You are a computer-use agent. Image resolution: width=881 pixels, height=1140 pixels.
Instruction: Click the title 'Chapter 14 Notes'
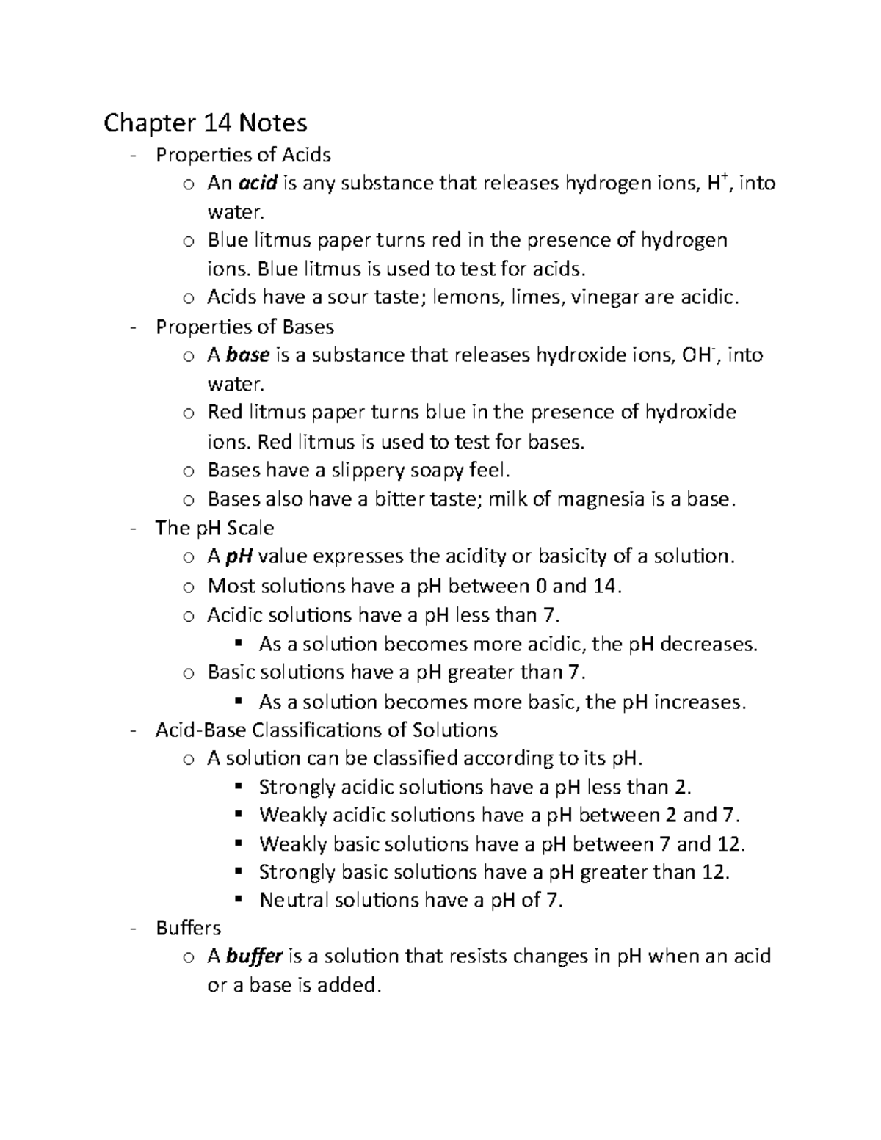[205, 122]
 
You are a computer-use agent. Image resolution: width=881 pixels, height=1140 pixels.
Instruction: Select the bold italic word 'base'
[248, 355]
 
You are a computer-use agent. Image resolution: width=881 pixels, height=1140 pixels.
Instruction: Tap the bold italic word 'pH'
[239, 556]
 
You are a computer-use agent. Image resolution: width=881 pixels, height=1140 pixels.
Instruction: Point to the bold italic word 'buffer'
[255, 956]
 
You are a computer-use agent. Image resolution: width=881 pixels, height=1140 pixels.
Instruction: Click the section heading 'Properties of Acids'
[243, 155]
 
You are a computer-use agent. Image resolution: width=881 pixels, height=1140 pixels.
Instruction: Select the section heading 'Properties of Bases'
[244, 327]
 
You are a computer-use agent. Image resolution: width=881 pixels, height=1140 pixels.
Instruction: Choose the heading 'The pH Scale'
[214, 528]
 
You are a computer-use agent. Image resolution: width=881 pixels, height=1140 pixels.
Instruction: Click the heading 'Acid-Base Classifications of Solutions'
[326, 730]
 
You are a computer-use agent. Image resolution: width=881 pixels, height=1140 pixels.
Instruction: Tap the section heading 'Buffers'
[188, 928]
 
